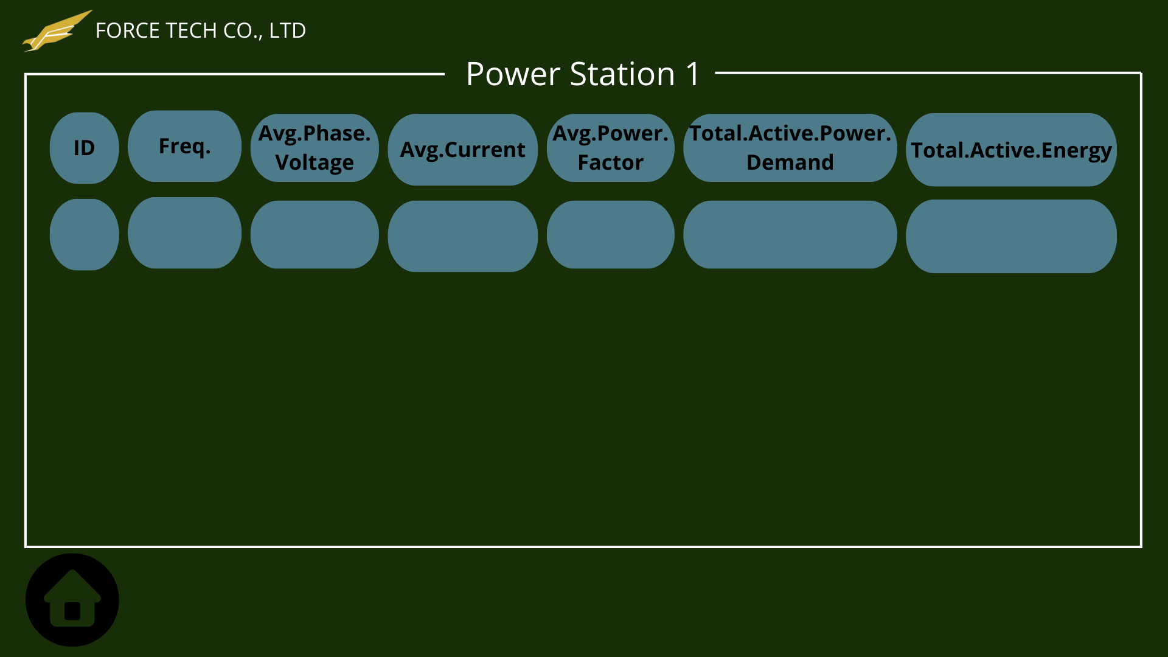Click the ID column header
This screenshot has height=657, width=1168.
point(84,148)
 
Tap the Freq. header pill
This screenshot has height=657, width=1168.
point(184,146)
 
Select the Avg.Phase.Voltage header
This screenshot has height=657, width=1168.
point(315,148)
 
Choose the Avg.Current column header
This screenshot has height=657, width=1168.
point(462,150)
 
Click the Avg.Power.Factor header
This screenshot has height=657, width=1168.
point(610,148)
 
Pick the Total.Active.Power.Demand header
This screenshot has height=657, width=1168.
point(790,148)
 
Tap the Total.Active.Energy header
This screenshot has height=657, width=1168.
point(1011,150)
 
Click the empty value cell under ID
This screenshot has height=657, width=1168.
point(84,235)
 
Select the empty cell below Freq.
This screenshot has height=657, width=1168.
point(184,233)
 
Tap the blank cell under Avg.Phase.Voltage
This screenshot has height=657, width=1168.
point(315,235)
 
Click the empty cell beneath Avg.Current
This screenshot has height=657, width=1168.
point(462,237)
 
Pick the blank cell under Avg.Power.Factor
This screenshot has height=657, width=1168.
point(610,235)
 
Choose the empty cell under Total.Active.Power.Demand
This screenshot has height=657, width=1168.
point(790,235)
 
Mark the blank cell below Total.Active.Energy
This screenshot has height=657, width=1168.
point(1011,237)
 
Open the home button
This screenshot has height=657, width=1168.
point(72,600)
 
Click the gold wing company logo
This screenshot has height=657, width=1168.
point(57,31)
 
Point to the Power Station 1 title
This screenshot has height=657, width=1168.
point(583,74)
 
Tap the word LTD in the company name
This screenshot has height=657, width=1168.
point(287,30)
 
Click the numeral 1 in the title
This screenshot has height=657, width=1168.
point(692,74)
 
